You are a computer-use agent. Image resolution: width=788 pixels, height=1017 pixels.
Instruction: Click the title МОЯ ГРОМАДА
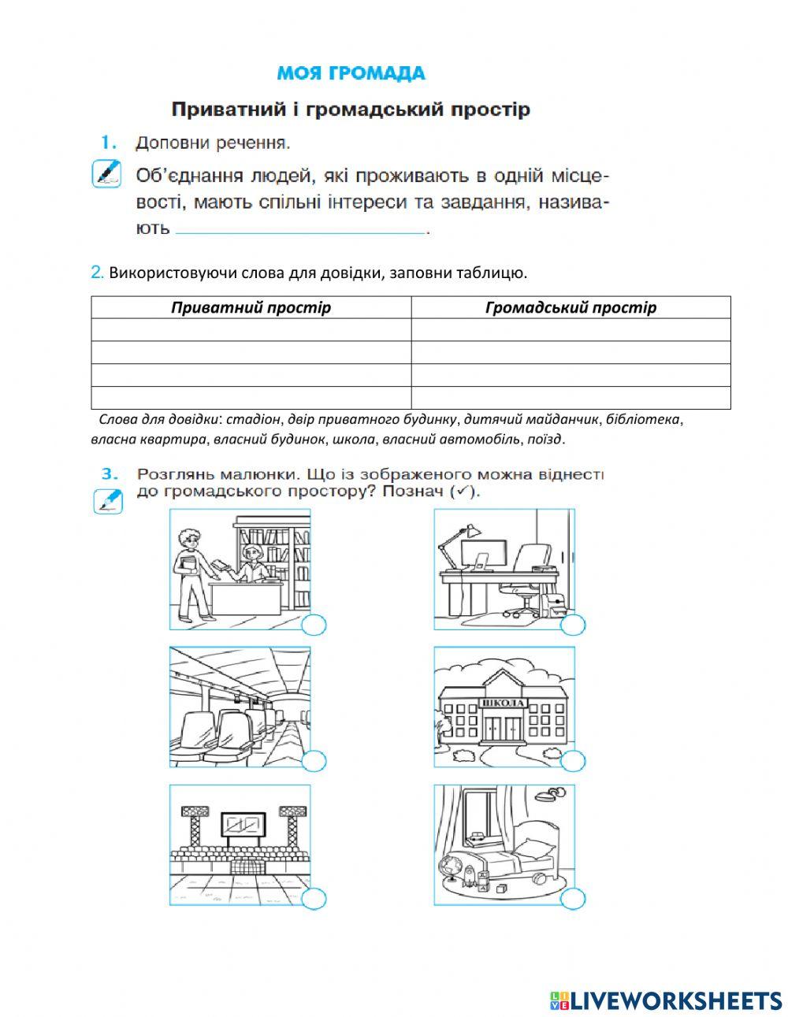tap(351, 74)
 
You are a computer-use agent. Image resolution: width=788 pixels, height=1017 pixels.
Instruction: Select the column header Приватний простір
tap(251, 307)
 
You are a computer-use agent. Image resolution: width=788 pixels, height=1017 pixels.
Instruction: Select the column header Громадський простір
tap(571, 307)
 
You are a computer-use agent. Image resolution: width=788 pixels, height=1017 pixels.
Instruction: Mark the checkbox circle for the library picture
tap(314, 625)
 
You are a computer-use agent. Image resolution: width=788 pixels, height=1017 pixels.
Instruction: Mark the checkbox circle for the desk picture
tap(573, 625)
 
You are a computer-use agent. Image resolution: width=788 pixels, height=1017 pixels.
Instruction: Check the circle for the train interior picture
tap(314, 762)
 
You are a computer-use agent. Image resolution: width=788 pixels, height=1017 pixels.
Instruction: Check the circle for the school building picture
tap(573, 762)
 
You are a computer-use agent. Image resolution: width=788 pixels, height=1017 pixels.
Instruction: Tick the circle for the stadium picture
tap(314, 899)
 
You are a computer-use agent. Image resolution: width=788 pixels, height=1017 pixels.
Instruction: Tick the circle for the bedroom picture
tap(573, 899)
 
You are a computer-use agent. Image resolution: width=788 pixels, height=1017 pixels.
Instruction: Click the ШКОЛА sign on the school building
tap(502, 703)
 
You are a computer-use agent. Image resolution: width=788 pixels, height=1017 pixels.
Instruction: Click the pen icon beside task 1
tap(106, 173)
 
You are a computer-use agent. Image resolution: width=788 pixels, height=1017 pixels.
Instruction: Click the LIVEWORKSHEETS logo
tap(665, 1000)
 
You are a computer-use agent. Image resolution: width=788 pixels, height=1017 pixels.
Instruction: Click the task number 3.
tap(110, 474)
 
